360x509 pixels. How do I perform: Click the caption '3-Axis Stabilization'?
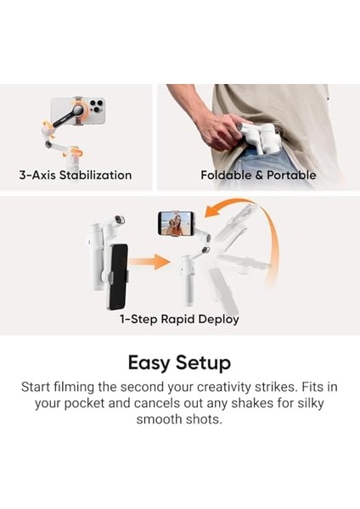click(x=76, y=176)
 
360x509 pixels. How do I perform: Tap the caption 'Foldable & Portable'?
click(x=258, y=176)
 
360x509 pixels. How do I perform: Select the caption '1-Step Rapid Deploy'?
click(x=179, y=320)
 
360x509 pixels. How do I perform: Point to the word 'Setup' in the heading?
click(x=204, y=364)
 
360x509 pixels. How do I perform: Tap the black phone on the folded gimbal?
click(x=117, y=276)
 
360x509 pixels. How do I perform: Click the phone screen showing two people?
click(x=175, y=224)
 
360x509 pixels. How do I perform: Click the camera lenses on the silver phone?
click(x=95, y=108)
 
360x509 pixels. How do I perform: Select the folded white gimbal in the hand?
click(x=255, y=140)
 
